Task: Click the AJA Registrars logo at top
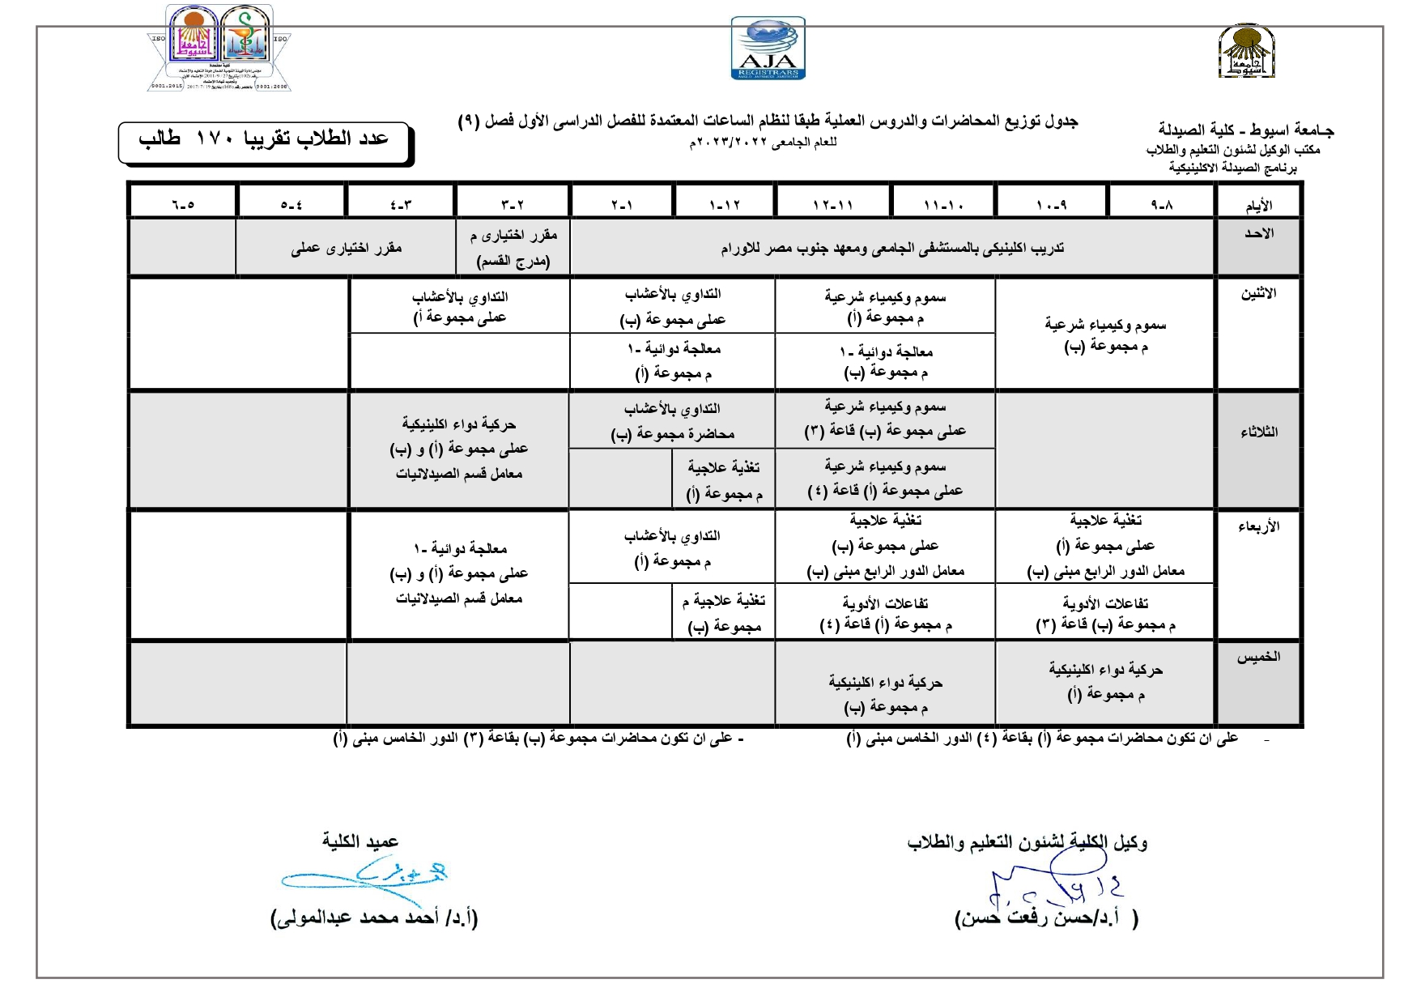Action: pos(768,49)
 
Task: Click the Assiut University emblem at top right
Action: pos(1247,51)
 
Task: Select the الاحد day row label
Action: pos(1258,234)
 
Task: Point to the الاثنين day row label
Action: pos(1258,294)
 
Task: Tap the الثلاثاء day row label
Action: pos(1258,432)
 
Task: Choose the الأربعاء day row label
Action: pos(1258,527)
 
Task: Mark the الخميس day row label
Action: pos(1258,657)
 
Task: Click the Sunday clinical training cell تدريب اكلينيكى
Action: pos(892,249)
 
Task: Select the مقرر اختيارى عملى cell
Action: pos(347,249)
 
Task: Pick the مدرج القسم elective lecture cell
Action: pos(513,249)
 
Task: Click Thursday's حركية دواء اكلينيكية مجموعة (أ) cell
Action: pos(1105,682)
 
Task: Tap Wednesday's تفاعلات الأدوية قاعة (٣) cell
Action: pos(1105,614)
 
